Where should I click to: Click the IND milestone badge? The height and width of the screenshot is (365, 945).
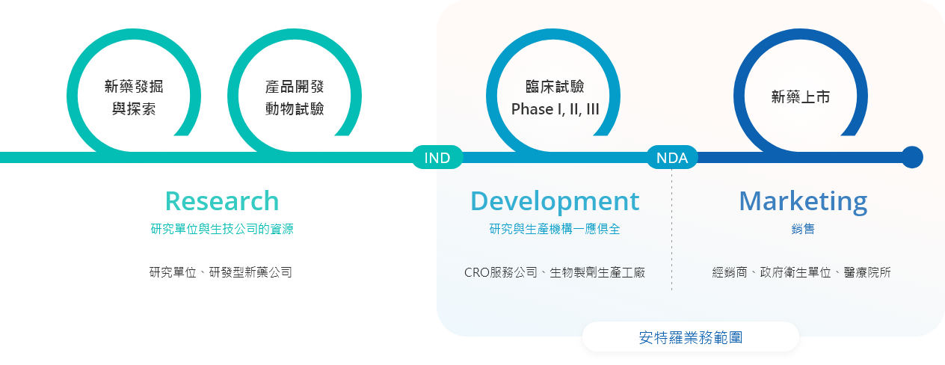click(x=437, y=157)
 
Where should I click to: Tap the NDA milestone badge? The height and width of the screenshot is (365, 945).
click(x=672, y=157)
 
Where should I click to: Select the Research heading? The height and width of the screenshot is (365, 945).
click(x=222, y=201)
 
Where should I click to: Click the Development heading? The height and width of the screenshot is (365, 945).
click(x=555, y=201)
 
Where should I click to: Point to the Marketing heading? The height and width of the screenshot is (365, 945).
click(x=803, y=202)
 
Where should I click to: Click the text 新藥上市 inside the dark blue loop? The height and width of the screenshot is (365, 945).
click(x=800, y=97)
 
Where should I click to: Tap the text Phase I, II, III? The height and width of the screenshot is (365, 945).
click(x=555, y=109)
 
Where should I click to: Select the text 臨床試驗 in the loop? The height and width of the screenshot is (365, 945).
click(x=555, y=87)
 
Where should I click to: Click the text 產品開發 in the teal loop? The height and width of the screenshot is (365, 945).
click(x=295, y=87)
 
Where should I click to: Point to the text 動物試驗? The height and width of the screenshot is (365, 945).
click(x=295, y=109)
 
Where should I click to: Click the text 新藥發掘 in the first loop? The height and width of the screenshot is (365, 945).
click(x=134, y=87)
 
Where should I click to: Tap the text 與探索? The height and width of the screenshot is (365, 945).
click(x=134, y=109)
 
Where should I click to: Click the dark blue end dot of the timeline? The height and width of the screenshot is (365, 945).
click(x=912, y=157)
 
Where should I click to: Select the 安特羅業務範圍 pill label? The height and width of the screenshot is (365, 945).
click(x=691, y=337)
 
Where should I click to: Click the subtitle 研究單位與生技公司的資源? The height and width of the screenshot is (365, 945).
click(x=222, y=229)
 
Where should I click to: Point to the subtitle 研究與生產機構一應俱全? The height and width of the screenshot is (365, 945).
click(x=555, y=229)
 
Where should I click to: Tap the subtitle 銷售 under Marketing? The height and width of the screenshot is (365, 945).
click(x=803, y=229)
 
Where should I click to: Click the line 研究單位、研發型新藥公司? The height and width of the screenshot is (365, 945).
click(x=221, y=272)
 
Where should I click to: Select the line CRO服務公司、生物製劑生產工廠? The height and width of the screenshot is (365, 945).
click(x=555, y=272)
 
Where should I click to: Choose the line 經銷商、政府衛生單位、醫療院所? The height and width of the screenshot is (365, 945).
click(x=801, y=272)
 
